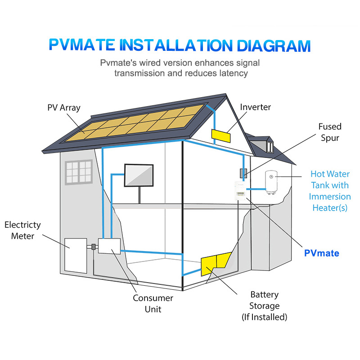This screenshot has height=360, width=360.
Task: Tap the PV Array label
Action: click(x=63, y=108)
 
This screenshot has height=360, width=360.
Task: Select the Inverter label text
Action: click(x=255, y=107)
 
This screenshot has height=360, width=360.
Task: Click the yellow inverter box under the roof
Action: click(x=221, y=135)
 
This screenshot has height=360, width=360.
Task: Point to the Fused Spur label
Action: click(x=330, y=132)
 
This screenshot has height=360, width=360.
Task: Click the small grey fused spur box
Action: click(x=243, y=173)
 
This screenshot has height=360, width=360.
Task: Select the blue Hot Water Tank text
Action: click(x=330, y=191)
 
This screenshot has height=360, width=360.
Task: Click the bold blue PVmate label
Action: click(x=321, y=253)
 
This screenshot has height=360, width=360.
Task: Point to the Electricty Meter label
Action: click(x=22, y=230)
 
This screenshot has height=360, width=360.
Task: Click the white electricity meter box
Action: click(x=76, y=256)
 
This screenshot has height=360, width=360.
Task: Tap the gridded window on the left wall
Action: click(x=78, y=171)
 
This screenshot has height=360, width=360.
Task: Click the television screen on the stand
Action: click(x=139, y=175)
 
